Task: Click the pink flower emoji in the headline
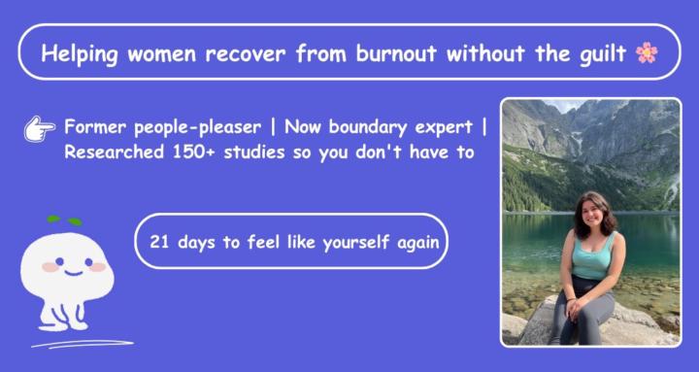[647, 52]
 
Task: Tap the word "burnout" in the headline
[396, 53]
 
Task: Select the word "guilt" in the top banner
[602, 54]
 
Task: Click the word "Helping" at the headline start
[80, 54]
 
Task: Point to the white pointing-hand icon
[39, 129]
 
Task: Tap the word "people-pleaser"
[197, 128]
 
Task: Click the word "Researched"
[114, 152]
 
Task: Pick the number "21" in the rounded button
[159, 242]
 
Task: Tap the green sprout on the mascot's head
[65, 220]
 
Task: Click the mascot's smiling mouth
[74, 273]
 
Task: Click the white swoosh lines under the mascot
[83, 345]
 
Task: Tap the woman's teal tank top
[592, 256]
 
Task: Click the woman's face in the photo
[592, 214]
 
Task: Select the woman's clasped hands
[574, 307]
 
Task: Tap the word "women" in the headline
[162, 54]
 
